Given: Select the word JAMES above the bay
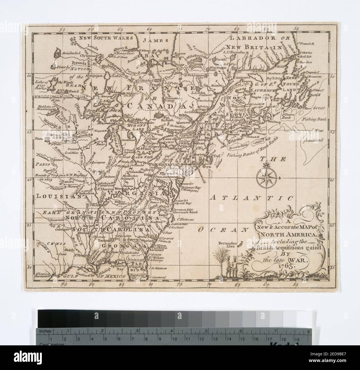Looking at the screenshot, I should pos(152,41).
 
